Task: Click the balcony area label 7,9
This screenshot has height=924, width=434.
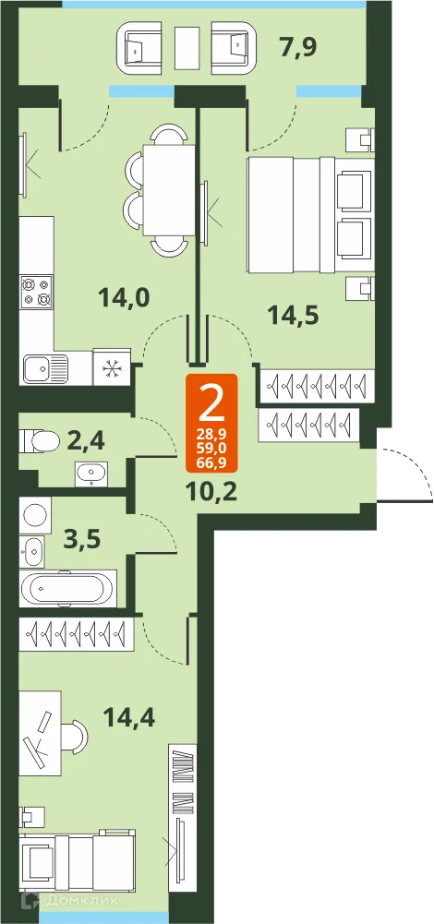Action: click(x=297, y=45)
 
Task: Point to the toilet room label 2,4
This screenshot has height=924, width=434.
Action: click(x=87, y=438)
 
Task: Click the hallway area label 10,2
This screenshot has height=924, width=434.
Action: click(x=211, y=489)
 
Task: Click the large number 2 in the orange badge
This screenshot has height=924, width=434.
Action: click(x=211, y=401)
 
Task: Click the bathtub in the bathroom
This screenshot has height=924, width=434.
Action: click(x=67, y=589)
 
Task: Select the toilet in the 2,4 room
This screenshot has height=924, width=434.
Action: click(x=42, y=439)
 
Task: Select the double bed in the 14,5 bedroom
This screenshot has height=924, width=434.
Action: click(x=309, y=214)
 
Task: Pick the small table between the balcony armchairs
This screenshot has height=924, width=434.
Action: click(x=187, y=45)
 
